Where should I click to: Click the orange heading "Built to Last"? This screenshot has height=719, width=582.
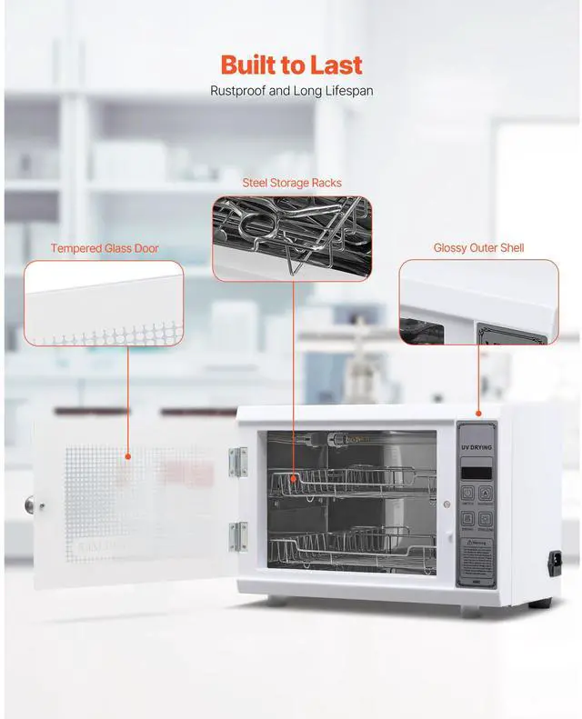pos(291,65)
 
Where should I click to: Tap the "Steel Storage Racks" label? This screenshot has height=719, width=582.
pos(292,183)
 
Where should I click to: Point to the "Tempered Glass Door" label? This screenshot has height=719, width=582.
pos(105,248)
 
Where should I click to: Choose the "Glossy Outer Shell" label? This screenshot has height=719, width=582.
pos(478,247)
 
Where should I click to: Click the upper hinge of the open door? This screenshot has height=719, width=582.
pos(238,462)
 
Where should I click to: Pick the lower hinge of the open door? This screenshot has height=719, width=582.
pos(238,536)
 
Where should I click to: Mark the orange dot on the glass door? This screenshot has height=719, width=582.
pos(128,456)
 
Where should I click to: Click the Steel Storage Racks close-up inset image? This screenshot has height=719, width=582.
pos(292,238)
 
